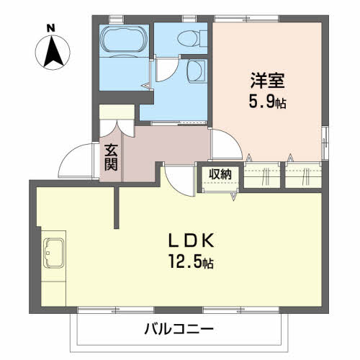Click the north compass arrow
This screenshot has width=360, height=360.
pos(51,52)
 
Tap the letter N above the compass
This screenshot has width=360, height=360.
pos(50,28)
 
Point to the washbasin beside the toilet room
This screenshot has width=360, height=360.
pos(195,71)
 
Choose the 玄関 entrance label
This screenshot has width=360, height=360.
pos(111,157)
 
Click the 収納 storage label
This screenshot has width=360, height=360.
pos(220,174)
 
